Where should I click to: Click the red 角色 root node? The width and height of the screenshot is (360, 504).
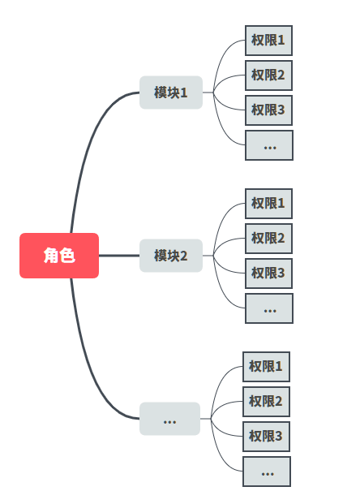59,256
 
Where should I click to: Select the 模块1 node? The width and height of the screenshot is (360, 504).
170,93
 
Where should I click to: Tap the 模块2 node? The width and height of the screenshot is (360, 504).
170,256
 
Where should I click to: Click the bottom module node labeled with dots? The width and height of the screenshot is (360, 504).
169,419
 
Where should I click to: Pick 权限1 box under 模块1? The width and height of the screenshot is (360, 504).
268,41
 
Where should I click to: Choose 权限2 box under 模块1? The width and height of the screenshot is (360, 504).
268,75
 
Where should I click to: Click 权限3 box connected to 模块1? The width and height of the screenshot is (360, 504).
268,110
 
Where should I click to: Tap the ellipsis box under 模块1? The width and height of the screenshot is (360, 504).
268,145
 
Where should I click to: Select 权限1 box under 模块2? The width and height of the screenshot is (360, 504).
268,204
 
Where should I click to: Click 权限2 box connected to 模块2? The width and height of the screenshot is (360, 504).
268,239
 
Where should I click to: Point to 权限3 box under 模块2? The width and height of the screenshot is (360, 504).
268,274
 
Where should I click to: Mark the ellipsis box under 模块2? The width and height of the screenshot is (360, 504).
268,308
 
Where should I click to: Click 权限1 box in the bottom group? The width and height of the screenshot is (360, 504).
266,367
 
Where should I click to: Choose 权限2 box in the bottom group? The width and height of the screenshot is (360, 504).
266,402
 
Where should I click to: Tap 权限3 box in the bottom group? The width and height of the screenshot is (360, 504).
266,437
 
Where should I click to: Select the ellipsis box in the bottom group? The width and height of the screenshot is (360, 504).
268,472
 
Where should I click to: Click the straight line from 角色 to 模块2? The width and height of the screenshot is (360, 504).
119,256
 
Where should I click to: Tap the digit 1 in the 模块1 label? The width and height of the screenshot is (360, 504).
184,93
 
